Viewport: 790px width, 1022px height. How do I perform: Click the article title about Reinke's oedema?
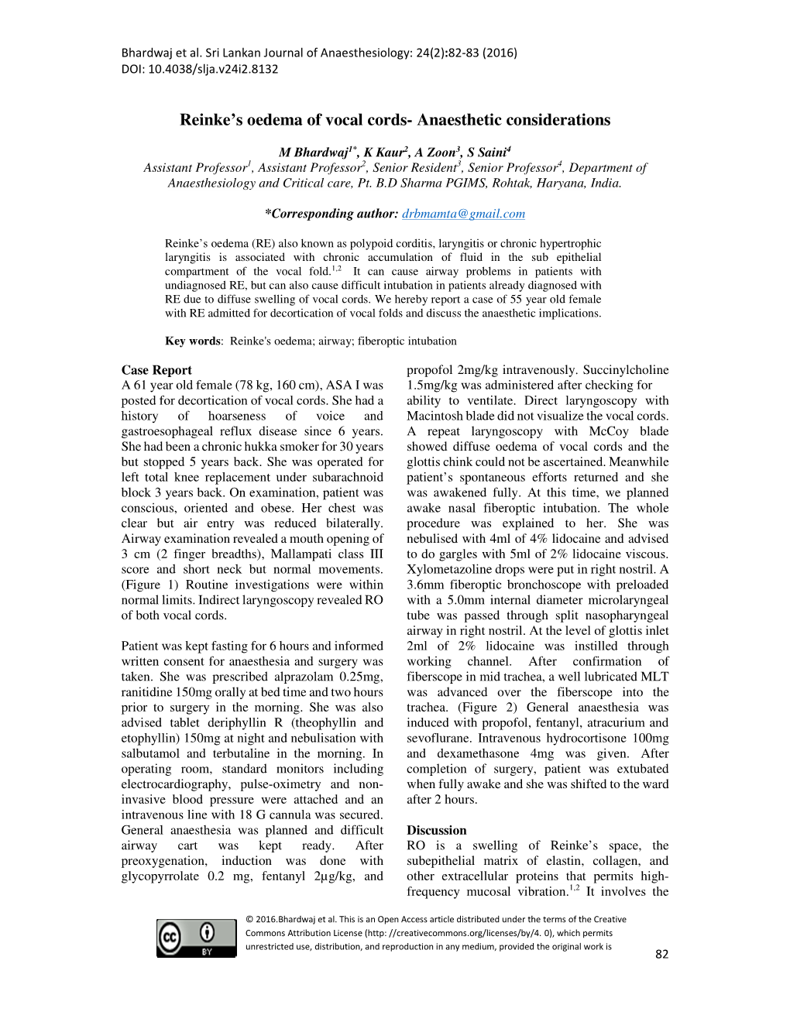click(395, 120)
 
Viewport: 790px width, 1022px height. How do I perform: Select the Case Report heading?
click(156, 370)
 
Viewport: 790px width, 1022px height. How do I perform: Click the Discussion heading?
click(437, 830)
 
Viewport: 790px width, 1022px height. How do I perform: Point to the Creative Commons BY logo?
click(196, 938)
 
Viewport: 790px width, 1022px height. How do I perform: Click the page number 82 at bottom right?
click(661, 954)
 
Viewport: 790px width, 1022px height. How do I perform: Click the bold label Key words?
click(193, 341)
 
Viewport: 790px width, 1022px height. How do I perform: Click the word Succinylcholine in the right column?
click(626, 370)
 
